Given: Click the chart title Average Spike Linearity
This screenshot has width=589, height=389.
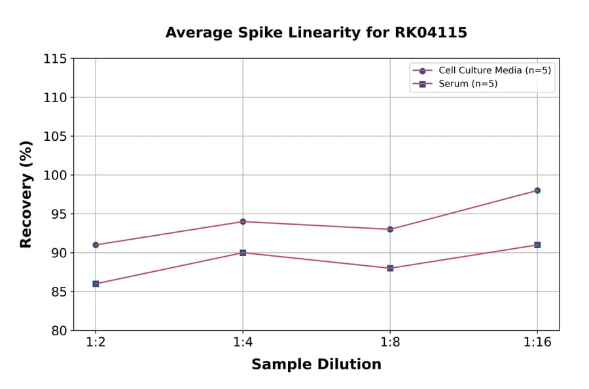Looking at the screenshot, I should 316,33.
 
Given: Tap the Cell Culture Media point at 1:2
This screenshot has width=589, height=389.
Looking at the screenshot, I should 96,245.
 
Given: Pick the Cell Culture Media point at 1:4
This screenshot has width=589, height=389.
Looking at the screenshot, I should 243,221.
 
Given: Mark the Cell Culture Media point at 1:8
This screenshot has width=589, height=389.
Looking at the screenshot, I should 390,229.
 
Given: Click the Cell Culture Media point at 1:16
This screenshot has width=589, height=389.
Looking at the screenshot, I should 537,191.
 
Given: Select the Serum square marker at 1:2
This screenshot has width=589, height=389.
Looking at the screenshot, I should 96,284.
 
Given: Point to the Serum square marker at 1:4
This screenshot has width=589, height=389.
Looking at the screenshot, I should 243,253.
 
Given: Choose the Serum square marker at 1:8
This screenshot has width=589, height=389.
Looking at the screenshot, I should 390,268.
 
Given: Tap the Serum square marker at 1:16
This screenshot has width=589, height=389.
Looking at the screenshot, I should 537,245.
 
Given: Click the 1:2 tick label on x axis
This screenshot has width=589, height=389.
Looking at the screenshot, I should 96,343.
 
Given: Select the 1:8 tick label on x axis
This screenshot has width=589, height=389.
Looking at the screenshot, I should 390,343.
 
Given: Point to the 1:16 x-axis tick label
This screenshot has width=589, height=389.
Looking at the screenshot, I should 537,343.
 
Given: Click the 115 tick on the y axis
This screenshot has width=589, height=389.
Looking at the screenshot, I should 55,59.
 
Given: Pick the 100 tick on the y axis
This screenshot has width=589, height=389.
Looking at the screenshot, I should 55,176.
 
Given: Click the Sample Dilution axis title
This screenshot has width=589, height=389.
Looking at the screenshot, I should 316,365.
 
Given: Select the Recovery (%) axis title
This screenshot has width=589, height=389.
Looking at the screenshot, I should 26,194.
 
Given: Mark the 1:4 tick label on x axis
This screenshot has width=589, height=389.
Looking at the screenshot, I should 243,343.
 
